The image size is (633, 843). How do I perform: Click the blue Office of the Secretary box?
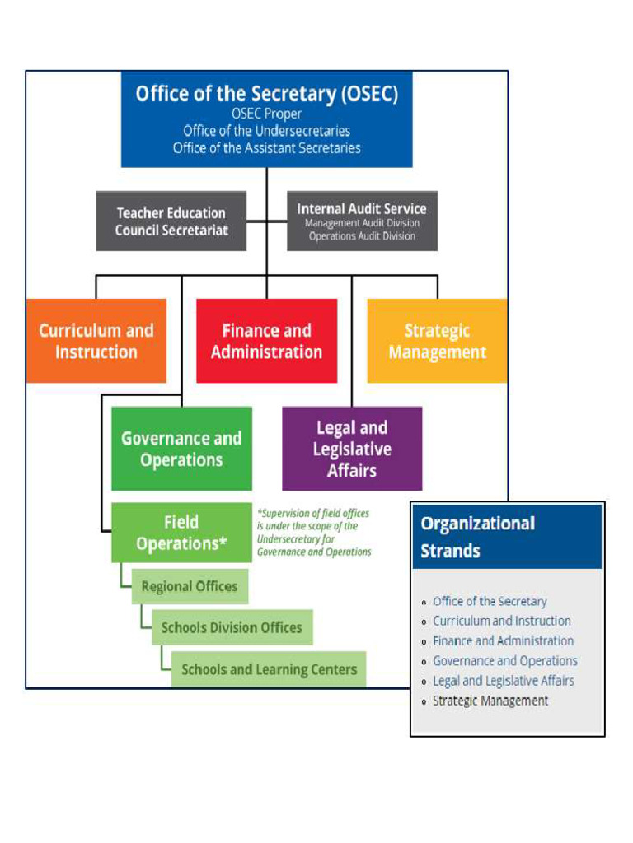[266, 119]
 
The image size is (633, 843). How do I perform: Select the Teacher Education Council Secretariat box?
[171, 221]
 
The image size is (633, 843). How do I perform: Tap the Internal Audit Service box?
[362, 221]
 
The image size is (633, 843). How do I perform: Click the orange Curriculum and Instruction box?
[96, 341]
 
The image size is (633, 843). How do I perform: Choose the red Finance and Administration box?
[266, 341]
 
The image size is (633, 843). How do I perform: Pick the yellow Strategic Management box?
[437, 341]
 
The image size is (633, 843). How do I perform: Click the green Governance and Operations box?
[181, 449]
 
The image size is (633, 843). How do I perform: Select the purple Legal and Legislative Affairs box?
[352, 449]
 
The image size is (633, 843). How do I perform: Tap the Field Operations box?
[181, 533]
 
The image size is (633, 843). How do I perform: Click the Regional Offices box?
[189, 587]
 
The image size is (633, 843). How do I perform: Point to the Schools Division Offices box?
[232, 627]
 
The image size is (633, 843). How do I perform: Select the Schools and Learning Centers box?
[269, 669]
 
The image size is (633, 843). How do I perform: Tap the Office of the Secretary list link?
[490, 602]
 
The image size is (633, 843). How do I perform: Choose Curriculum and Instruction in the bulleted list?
[502, 622]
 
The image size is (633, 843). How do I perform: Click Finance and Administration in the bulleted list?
[503, 641]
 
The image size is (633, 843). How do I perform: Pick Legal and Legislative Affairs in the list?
[504, 681]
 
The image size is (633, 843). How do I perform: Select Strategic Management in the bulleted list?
[490, 701]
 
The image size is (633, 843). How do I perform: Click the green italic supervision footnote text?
[314, 533]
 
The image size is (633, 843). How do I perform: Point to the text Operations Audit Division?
[362, 236]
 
